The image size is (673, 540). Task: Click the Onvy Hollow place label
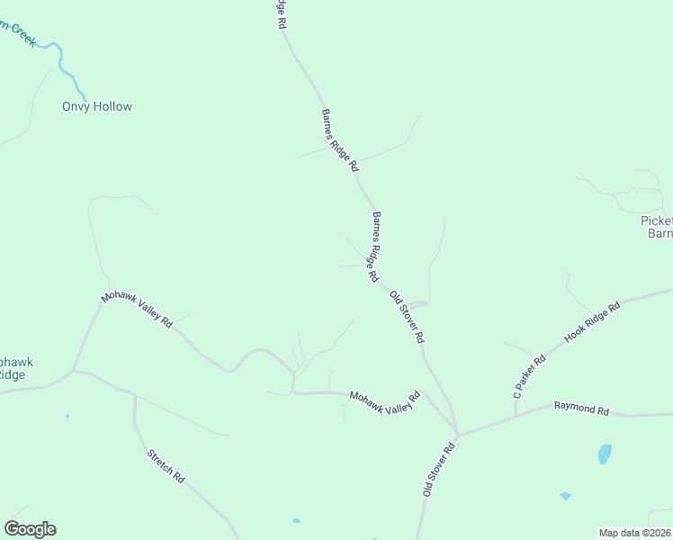coord(96,106)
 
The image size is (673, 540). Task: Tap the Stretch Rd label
coord(166,464)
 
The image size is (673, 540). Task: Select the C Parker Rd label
coord(530,378)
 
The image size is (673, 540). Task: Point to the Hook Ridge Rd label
coord(593,322)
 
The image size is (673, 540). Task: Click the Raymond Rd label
coord(581,409)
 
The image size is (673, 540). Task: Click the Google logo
coord(30,529)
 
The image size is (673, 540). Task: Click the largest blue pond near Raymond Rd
coord(605,454)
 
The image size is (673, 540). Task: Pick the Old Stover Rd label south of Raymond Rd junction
coord(441,469)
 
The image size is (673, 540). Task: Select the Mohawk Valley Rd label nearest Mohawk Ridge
coord(137,310)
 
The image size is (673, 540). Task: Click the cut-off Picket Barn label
coord(657,227)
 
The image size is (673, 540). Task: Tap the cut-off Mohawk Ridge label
coord(15,368)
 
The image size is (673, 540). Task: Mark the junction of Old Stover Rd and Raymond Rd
coord(457,436)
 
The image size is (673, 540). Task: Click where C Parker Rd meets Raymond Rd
coord(516,416)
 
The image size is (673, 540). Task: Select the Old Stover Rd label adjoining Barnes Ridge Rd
coord(407,317)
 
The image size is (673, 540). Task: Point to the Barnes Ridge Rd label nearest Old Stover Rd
coord(374,247)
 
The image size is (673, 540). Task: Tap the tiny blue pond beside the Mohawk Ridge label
coord(67,417)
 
